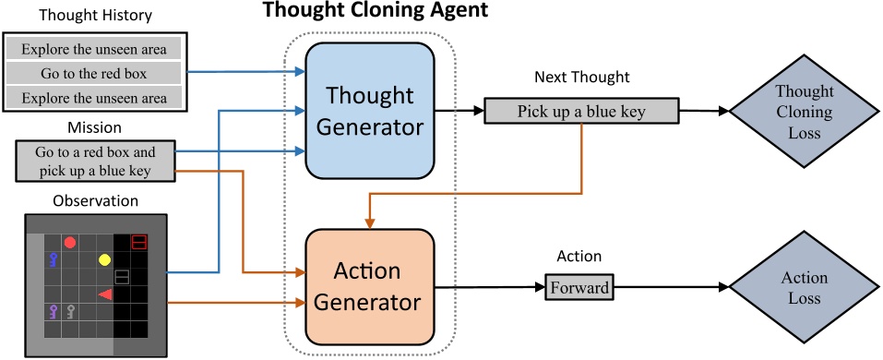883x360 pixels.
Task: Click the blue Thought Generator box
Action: (369, 112)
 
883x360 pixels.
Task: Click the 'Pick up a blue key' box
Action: (579, 112)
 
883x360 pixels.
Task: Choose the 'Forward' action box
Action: (579, 287)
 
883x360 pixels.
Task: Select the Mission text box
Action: (95, 159)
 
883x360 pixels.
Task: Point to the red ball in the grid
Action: (69, 243)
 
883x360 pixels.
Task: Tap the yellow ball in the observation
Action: (104, 259)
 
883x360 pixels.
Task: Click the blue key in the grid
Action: (54, 259)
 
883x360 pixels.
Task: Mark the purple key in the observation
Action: (54, 311)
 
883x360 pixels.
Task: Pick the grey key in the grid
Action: (71, 311)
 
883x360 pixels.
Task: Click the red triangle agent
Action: (105, 294)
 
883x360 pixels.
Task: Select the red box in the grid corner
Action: (138, 242)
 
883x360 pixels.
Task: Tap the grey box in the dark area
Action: (122, 277)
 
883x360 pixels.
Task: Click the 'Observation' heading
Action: (94, 199)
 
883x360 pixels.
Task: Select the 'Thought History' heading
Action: (96, 16)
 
